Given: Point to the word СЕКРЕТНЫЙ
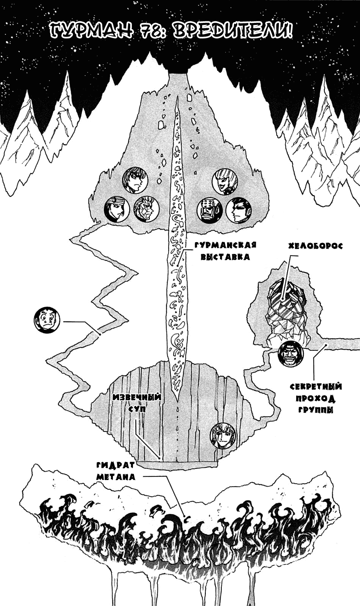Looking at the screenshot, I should tap(315, 387).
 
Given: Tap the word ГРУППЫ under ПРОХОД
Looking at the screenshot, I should tap(315, 409).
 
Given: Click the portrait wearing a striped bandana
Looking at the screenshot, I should tap(117, 209).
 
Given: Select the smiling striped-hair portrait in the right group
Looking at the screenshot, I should tap(225, 181).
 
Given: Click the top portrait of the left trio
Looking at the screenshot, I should tap(135, 180).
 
